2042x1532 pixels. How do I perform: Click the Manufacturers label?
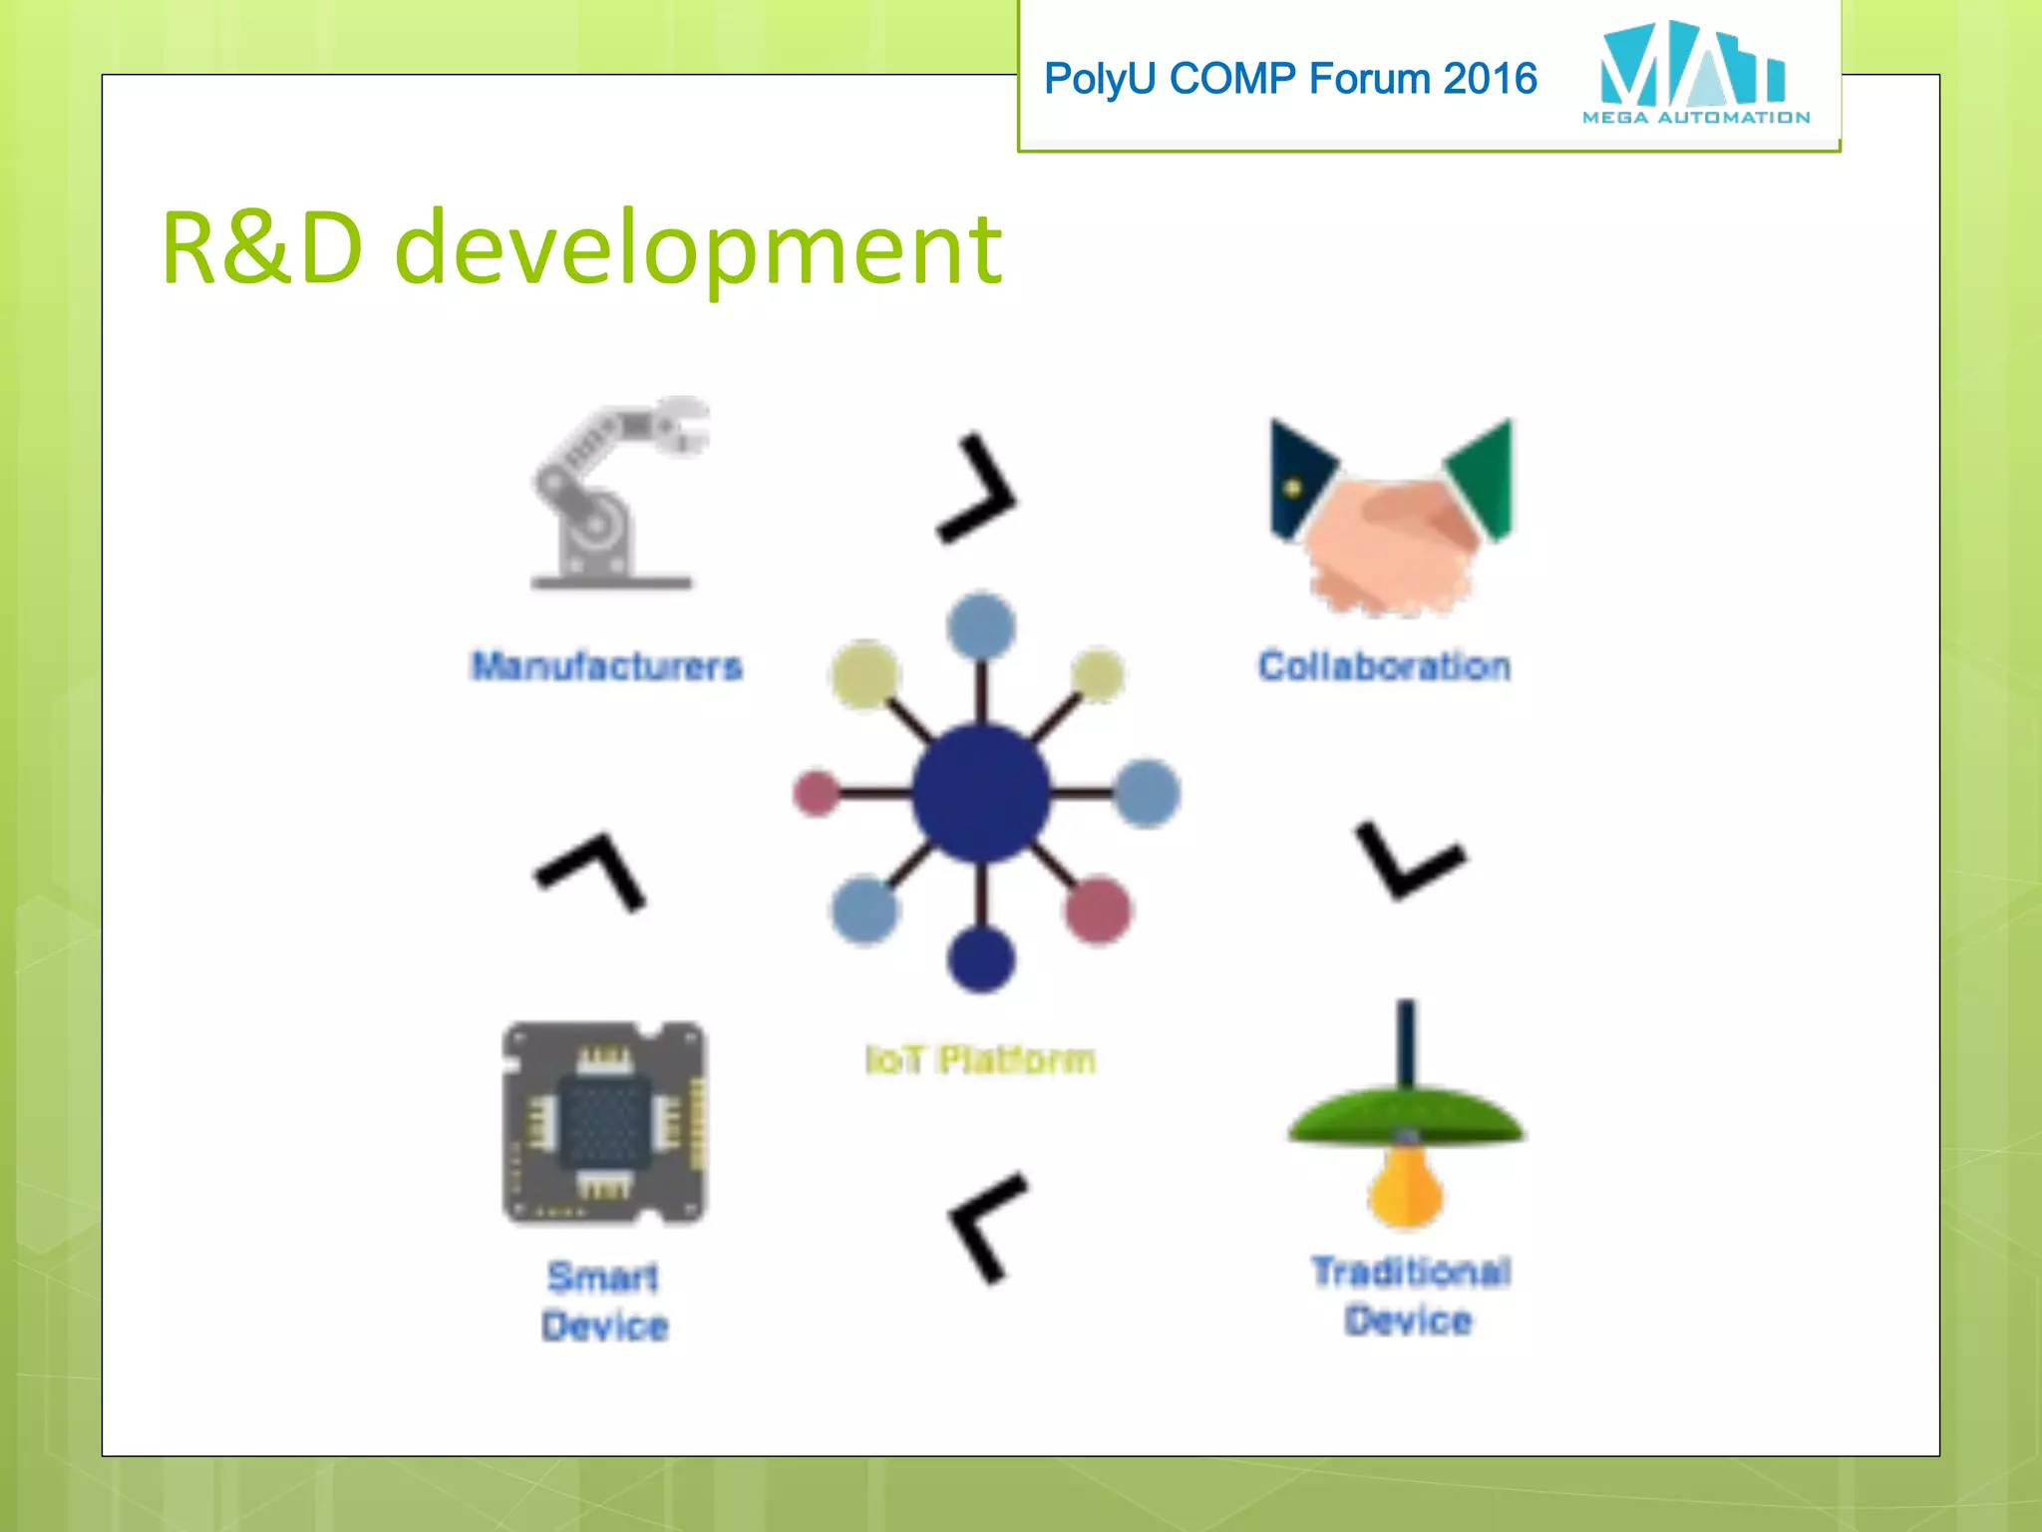(x=606, y=665)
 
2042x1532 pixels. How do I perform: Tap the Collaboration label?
(x=1384, y=665)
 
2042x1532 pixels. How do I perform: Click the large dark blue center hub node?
(x=981, y=793)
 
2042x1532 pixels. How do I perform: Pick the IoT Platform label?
(x=980, y=1059)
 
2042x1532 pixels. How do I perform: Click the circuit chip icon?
(x=604, y=1123)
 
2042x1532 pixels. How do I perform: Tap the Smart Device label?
(x=604, y=1301)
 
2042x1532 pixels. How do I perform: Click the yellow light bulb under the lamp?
(x=1405, y=1187)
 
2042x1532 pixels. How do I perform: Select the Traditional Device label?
(x=1410, y=1296)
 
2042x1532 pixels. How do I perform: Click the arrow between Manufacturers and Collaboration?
(x=978, y=489)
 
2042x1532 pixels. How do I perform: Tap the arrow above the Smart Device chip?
(x=591, y=870)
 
